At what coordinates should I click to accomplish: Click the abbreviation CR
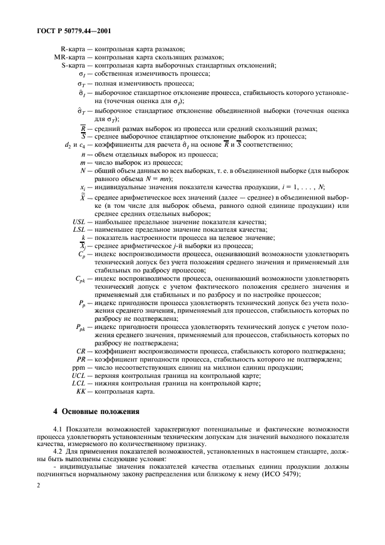[82, 351]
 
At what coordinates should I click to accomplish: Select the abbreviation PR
[82, 359]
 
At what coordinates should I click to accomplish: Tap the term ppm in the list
[79, 368]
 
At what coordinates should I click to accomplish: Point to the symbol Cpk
[83, 279]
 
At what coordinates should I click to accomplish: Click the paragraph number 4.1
[58, 429]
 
